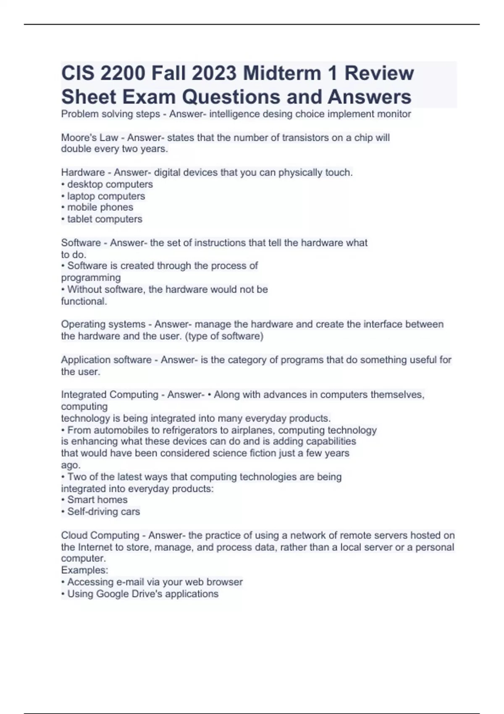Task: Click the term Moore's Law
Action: click(x=89, y=138)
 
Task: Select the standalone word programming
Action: click(x=91, y=278)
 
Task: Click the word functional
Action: click(x=84, y=301)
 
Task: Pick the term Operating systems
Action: click(x=103, y=324)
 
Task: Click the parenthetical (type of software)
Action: click(x=224, y=336)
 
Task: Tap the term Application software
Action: click(x=106, y=360)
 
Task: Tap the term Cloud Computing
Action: click(x=100, y=535)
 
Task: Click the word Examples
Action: click(x=84, y=570)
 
